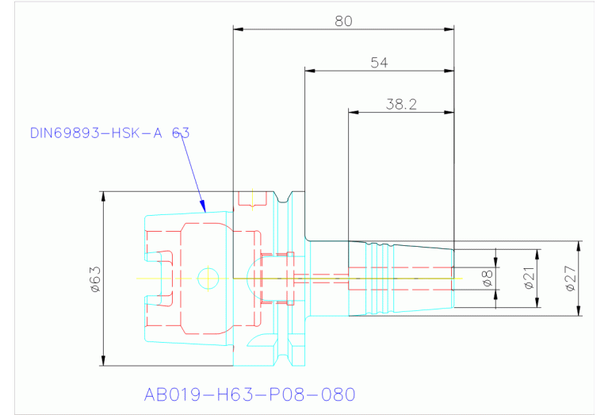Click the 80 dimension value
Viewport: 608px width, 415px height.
(x=343, y=21)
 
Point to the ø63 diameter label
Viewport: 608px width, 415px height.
(x=94, y=279)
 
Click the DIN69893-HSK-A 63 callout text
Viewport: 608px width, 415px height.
(x=109, y=133)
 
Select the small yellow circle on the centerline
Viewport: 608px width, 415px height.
(x=208, y=278)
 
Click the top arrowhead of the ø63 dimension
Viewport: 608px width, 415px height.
(x=104, y=196)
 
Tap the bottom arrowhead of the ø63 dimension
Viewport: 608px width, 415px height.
(x=104, y=362)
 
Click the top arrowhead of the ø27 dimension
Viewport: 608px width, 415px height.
(x=579, y=245)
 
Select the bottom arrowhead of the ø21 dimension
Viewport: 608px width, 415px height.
(x=537, y=303)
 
